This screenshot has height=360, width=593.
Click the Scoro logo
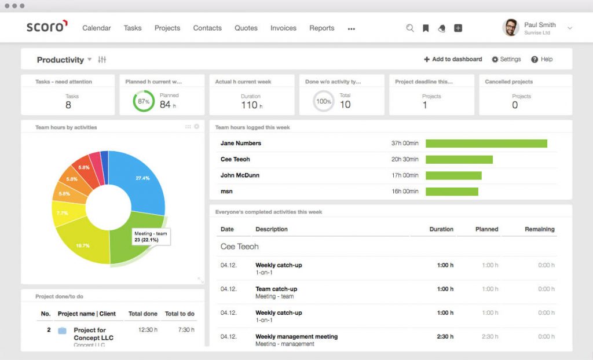(47, 27)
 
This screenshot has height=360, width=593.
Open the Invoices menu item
(283, 28)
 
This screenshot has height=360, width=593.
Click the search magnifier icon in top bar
(410, 28)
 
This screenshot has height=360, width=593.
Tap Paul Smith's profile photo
(510, 27)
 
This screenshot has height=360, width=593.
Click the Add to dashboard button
(453, 59)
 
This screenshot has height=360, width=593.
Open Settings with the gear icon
(495, 59)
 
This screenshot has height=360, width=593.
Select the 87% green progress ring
(144, 101)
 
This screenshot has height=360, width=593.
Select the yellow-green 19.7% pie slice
(84, 245)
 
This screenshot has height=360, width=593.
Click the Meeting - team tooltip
(151, 236)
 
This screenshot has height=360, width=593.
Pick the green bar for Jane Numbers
(486, 144)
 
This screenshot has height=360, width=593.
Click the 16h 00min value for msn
(405, 192)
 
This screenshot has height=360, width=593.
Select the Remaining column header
(539, 229)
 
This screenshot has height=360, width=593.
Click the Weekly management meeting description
(296, 336)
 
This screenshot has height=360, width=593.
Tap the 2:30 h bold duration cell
(444, 336)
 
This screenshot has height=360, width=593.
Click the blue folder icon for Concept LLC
(62, 330)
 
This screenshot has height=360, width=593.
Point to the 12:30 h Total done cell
(149, 329)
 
